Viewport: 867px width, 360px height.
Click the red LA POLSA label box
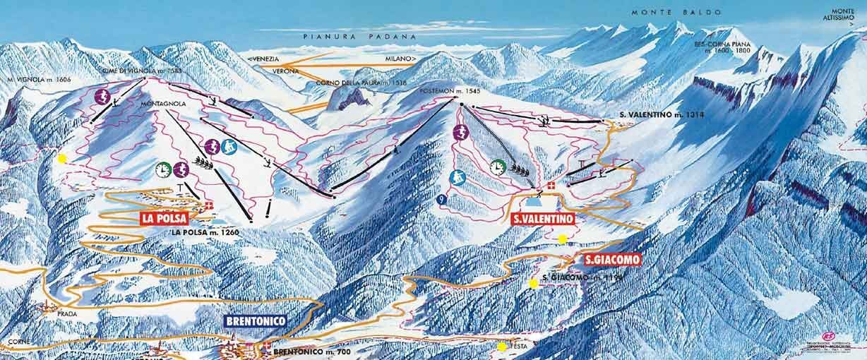point(164,218)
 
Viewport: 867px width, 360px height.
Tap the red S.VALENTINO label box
point(542,219)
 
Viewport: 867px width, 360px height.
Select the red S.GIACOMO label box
point(613,260)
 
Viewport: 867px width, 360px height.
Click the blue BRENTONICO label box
point(256,321)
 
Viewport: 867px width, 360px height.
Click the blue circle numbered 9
point(441,199)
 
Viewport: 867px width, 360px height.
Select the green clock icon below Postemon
point(498,167)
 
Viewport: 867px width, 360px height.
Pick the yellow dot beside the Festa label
point(501,347)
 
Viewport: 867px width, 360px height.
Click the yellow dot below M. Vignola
point(62,159)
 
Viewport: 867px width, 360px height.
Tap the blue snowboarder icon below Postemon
point(457,176)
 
